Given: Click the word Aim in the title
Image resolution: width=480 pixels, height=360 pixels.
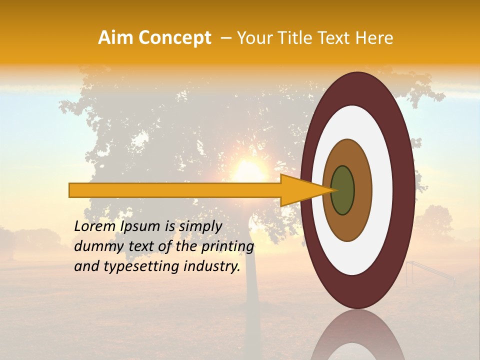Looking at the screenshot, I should [x=114, y=38].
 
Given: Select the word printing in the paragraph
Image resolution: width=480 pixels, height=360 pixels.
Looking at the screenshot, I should [x=227, y=246].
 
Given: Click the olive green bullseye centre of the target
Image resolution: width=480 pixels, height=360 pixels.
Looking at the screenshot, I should [x=343, y=190].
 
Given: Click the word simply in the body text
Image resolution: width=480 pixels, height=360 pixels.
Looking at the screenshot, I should [x=200, y=226].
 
